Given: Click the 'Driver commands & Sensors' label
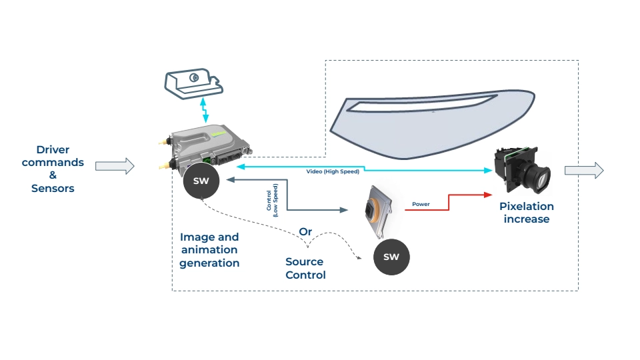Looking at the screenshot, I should point(53,169).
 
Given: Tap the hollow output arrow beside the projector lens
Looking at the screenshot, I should point(583,171).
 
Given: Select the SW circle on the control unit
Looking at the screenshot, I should point(201,181).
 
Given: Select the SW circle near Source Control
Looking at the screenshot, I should point(391,257).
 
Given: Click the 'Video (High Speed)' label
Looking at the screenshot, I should point(333,172).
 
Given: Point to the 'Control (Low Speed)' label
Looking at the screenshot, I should point(272,200).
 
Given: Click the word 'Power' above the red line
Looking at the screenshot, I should point(421,204).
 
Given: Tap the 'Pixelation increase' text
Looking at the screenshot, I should point(527,213).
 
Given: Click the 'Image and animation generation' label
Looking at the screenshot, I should point(209,249).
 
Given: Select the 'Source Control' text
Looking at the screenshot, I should point(305,268).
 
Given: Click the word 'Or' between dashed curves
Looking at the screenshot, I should point(305,231).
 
